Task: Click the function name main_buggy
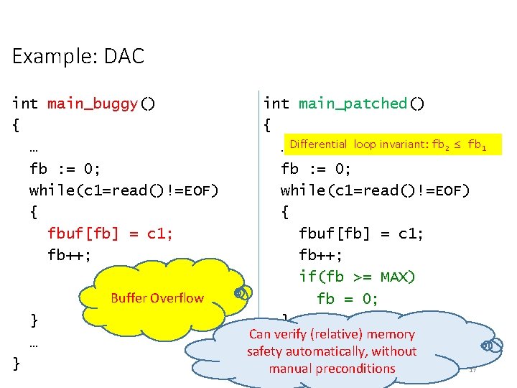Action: pyautogui.click(x=93, y=103)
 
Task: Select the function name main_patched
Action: pyautogui.click(x=353, y=103)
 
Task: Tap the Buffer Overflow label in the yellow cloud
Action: pyautogui.click(x=157, y=298)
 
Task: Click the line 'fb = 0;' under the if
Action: pyautogui.click(x=348, y=298)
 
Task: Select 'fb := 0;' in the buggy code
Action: pyautogui.click(x=65, y=169)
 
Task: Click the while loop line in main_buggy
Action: pyautogui.click(x=124, y=190)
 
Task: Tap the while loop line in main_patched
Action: pyautogui.click(x=375, y=190)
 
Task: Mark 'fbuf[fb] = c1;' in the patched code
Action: pyautogui.click(x=361, y=234)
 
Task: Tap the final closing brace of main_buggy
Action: pyautogui.click(x=17, y=364)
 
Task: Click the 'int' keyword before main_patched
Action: pyautogui.click(x=276, y=103)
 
